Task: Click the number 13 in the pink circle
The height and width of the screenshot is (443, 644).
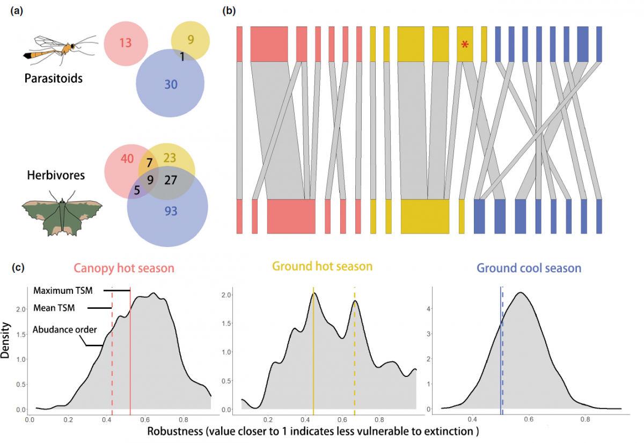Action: tap(125, 43)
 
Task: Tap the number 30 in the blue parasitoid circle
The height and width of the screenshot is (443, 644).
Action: tap(171, 84)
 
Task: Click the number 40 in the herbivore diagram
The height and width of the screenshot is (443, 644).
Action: tap(127, 158)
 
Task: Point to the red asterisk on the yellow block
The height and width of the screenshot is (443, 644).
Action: tap(465, 46)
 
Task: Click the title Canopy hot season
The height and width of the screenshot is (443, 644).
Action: tap(124, 268)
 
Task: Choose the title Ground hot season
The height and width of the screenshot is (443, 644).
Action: tap(322, 266)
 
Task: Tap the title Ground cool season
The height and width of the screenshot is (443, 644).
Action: tap(529, 267)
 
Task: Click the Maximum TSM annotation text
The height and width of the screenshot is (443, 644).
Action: tap(63, 291)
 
